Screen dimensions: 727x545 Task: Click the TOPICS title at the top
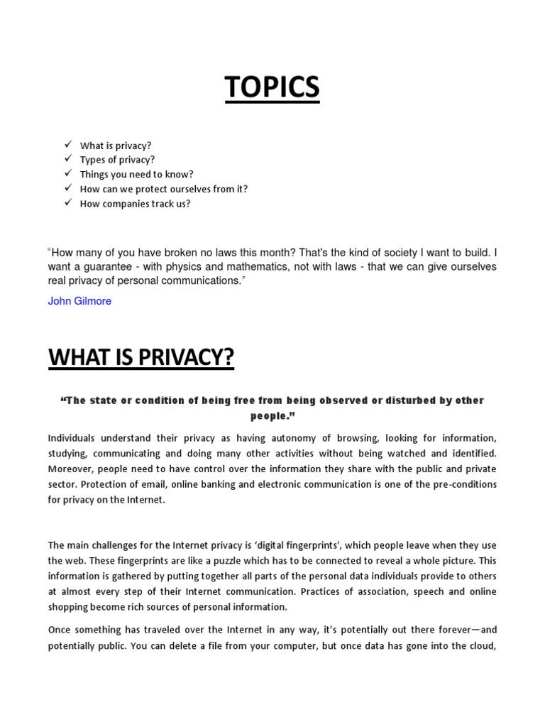[272, 88]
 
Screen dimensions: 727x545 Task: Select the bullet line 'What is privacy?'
[116, 146]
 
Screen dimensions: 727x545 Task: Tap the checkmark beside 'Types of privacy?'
[68, 159]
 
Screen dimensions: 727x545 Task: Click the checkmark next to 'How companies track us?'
[68, 203]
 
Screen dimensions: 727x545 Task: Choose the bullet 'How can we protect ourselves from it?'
[163, 189]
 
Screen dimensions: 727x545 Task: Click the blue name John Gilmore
[79, 301]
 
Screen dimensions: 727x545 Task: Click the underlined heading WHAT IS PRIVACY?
[141, 359]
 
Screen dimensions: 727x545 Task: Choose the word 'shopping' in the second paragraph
[68, 607]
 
